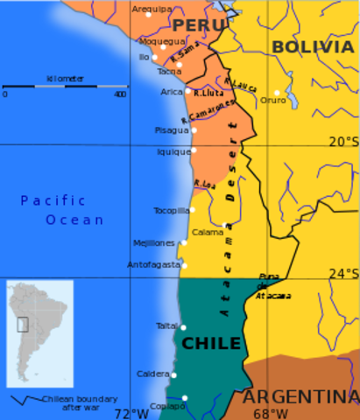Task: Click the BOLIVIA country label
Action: [x=311, y=46]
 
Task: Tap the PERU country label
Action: [x=194, y=24]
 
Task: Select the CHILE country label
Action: [x=210, y=343]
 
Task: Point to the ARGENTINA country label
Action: [x=300, y=395]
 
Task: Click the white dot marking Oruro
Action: [x=277, y=92]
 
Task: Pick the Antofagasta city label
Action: [x=152, y=264]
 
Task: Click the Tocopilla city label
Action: [x=171, y=210]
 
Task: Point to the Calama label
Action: [x=208, y=232]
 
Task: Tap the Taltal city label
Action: [x=166, y=325]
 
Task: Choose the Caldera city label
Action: [x=152, y=374]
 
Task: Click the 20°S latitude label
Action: [x=343, y=142]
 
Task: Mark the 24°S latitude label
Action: [x=343, y=272]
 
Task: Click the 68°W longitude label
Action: [x=270, y=414]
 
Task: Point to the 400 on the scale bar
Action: [x=119, y=94]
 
